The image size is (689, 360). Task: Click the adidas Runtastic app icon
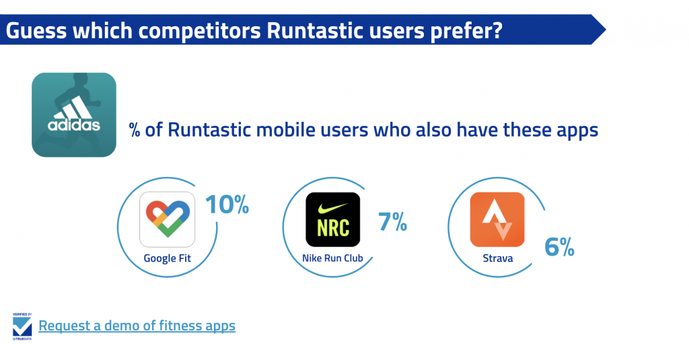[x=74, y=114]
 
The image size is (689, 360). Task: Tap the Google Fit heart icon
[x=168, y=219]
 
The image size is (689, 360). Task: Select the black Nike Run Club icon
[x=332, y=219]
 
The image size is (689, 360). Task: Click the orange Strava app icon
[x=497, y=219]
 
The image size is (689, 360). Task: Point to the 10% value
[x=227, y=205]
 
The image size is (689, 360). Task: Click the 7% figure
[x=392, y=221]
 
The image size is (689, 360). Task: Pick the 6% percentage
[x=559, y=246]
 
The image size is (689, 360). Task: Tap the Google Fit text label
[x=168, y=258]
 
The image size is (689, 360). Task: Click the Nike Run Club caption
[x=332, y=258]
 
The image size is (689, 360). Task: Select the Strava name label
[x=498, y=258]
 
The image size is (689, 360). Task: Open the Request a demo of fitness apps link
[x=137, y=326]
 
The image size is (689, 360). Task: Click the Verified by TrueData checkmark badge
[x=22, y=326]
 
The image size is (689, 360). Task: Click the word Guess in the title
[x=36, y=31]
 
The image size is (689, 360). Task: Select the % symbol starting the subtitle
[x=135, y=131]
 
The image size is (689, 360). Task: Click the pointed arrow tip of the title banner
[x=605, y=30]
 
